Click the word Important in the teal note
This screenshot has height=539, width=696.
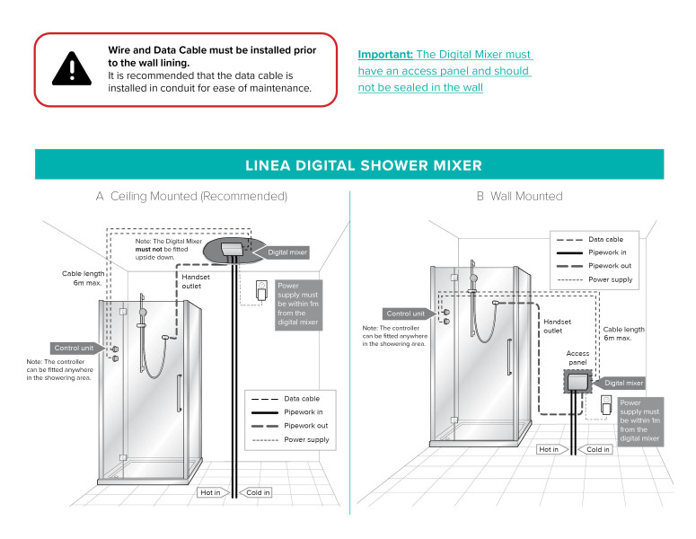[385, 54]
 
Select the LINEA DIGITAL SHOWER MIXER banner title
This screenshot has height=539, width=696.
[364, 165]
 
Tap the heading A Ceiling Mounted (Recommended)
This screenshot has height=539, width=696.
[191, 196]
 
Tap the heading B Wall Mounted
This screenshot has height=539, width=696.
[519, 196]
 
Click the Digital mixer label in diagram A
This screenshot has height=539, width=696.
[287, 253]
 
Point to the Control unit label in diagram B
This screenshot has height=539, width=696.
[406, 314]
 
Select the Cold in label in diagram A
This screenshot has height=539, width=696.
[257, 492]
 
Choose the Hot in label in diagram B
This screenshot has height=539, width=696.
[549, 449]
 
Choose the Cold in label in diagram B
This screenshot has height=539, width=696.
[598, 449]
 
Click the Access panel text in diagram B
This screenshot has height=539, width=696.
[577, 358]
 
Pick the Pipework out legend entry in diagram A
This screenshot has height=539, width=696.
[306, 426]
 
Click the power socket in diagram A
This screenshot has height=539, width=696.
[262, 291]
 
